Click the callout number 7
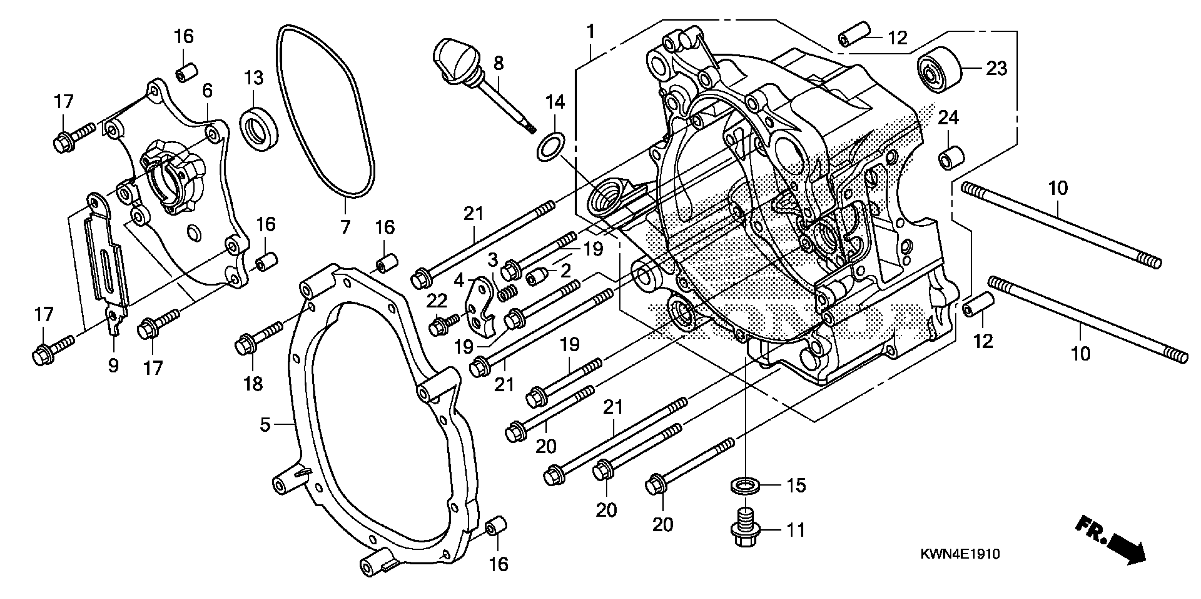(344, 228)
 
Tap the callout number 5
(265, 425)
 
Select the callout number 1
(591, 32)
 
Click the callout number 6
(207, 91)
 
